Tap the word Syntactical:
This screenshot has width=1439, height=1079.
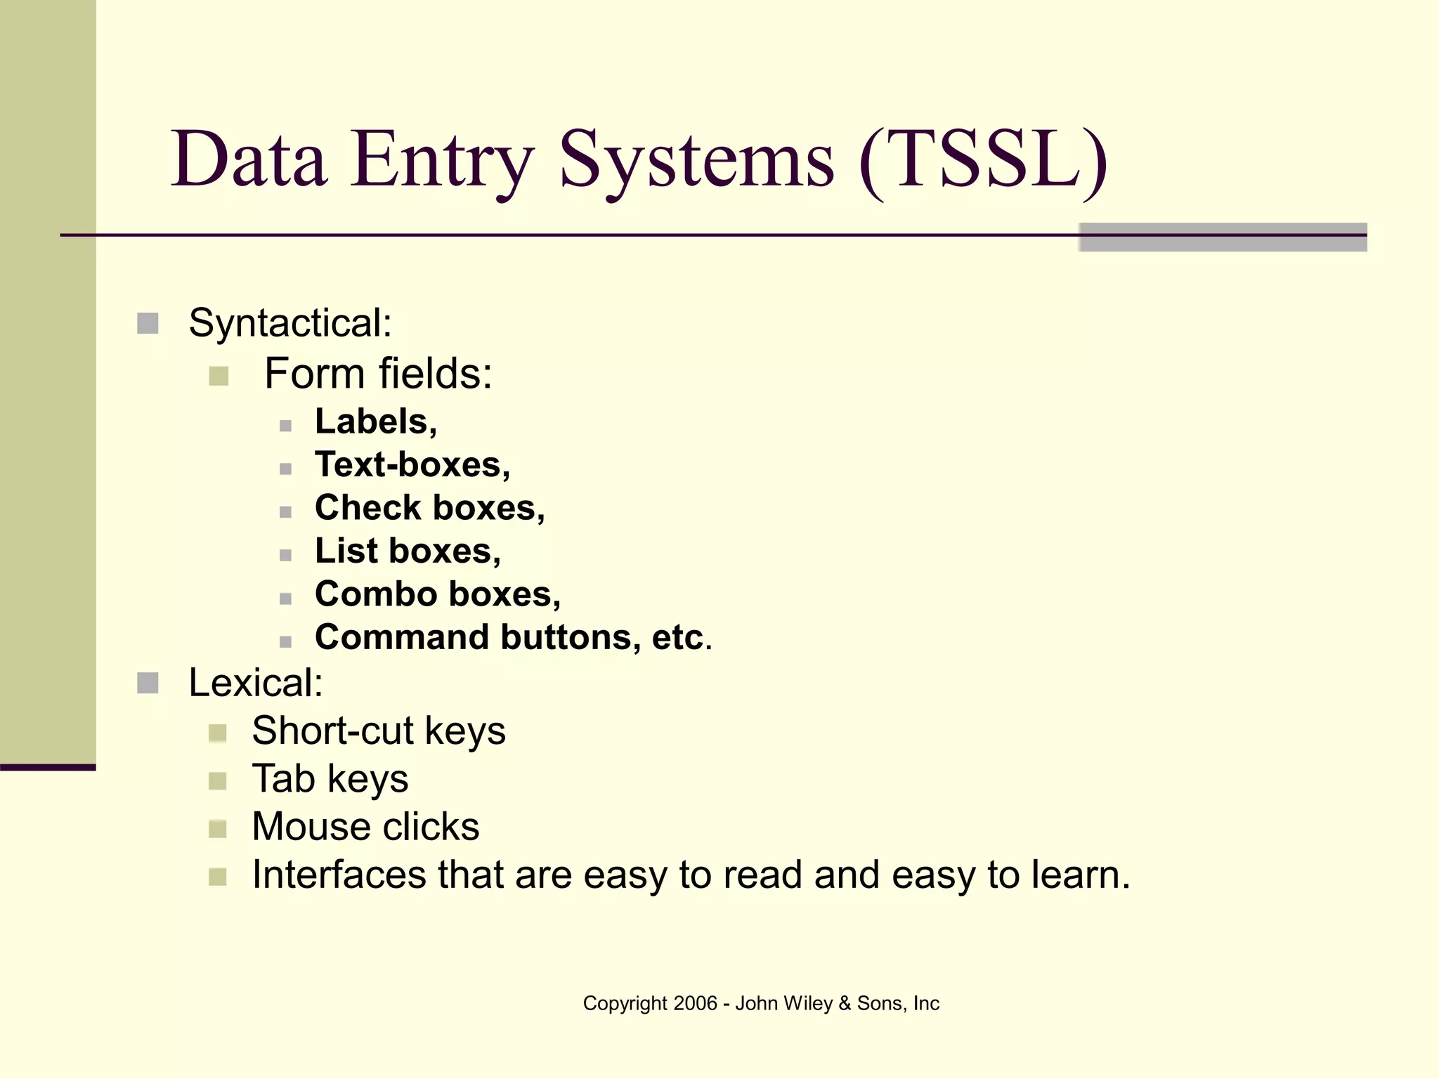tap(290, 323)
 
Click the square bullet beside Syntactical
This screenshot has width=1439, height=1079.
tap(148, 324)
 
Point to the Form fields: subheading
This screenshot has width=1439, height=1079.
tap(378, 373)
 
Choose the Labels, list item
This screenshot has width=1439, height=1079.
tap(376, 421)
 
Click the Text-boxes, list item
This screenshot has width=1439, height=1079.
tap(412, 465)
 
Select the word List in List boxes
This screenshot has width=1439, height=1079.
tap(346, 551)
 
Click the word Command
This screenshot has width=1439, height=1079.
tap(402, 637)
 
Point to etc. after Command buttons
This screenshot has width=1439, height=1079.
tap(682, 637)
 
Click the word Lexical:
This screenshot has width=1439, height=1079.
tap(256, 683)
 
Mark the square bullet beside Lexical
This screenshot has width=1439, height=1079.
tap(148, 683)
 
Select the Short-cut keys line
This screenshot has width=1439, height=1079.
tap(378, 731)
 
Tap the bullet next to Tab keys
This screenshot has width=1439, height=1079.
tap(218, 781)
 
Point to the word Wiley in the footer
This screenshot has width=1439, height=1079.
tap(807, 1003)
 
